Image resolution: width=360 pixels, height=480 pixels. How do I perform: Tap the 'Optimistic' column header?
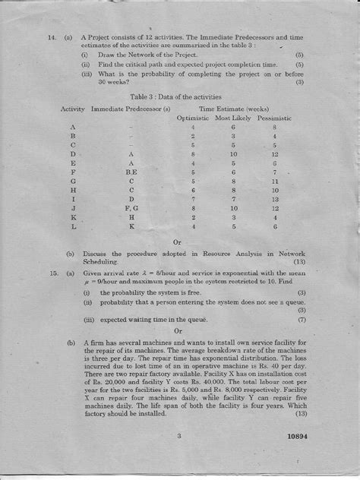point(193,118)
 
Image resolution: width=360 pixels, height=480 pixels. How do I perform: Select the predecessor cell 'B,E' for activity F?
point(131,172)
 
